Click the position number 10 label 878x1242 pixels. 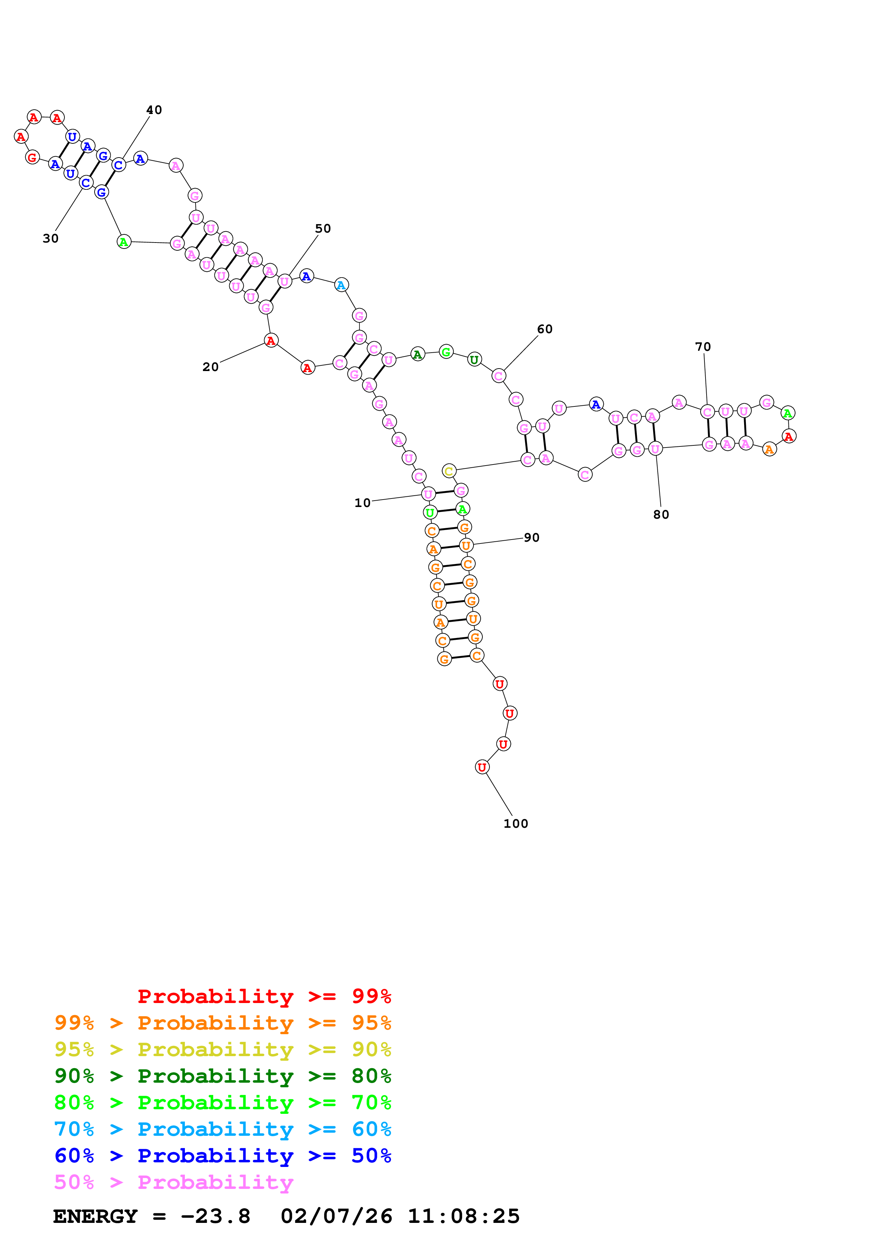click(x=362, y=503)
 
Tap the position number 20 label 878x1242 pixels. click(x=210, y=367)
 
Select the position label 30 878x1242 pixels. click(x=50, y=239)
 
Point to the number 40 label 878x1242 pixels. click(x=154, y=110)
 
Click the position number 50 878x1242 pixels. click(x=323, y=229)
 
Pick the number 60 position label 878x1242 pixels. click(x=545, y=329)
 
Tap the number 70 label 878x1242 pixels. click(x=703, y=347)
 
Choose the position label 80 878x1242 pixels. click(x=661, y=515)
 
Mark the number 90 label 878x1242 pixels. click(x=531, y=538)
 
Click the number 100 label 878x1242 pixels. click(x=516, y=824)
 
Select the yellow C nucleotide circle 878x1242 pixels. click(x=448, y=471)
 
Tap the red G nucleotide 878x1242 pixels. click(x=33, y=158)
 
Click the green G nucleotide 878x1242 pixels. click(x=446, y=352)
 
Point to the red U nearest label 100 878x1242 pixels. click(x=481, y=767)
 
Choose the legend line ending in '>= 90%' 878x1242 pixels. click(x=222, y=1049)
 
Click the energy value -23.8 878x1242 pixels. click(x=215, y=1217)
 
